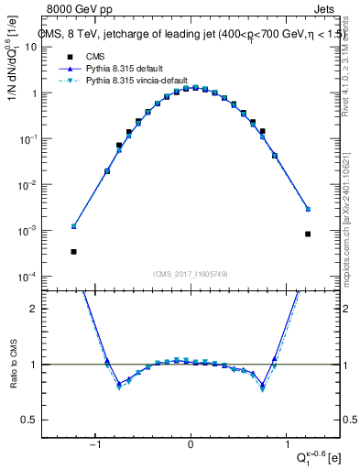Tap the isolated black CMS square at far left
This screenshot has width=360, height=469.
pyautogui.click(x=73, y=252)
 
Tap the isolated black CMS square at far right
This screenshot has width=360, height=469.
pyautogui.click(x=309, y=234)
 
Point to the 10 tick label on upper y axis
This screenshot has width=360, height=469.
pyautogui.click(x=45, y=48)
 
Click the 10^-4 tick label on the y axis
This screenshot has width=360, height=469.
pyautogui.click(x=41, y=277)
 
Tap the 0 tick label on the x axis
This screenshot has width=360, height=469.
pyautogui.click(x=191, y=445)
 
